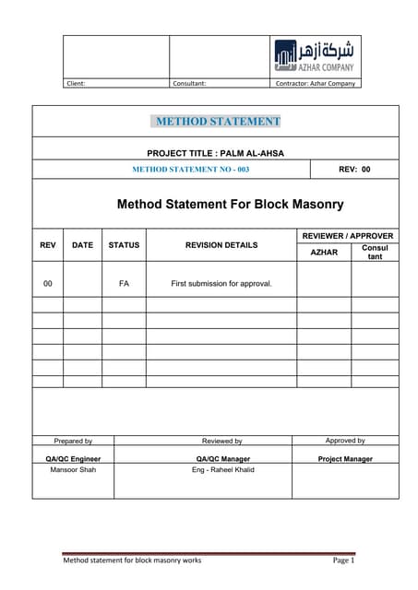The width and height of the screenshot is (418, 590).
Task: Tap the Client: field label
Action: click(76, 83)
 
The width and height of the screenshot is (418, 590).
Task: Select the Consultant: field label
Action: click(189, 83)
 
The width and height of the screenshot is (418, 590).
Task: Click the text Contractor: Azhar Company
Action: click(316, 83)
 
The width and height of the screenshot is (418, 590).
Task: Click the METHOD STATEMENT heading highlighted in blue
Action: click(218, 121)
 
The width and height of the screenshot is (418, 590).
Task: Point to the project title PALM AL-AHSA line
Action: click(216, 152)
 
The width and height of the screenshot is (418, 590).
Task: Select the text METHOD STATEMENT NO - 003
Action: click(191, 170)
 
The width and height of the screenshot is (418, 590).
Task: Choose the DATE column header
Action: click(82, 245)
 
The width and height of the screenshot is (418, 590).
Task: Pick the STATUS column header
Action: click(124, 245)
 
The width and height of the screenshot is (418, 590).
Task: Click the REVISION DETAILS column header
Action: click(221, 245)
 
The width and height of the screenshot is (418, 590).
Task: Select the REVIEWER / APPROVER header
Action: click(348, 236)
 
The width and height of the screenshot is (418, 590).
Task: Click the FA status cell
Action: click(124, 283)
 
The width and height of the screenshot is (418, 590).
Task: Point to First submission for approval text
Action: click(221, 283)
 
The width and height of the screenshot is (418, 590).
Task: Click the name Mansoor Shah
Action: click(73, 469)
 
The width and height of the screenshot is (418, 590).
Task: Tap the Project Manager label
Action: click(345, 458)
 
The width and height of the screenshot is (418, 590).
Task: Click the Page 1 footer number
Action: click(343, 560)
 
